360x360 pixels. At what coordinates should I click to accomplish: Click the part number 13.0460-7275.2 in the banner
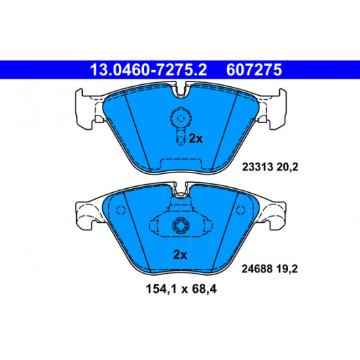coord(148,70)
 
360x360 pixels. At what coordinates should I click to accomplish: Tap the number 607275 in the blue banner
coord(254,70)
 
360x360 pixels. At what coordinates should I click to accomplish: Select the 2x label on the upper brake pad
coord(196,139)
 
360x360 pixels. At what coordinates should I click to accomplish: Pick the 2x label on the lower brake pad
coord(180,255)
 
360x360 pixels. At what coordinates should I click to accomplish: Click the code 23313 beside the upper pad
coord(257,167)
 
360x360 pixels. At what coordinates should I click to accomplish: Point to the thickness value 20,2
coord(287,167)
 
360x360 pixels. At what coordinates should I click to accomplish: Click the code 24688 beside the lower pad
coord(257,269)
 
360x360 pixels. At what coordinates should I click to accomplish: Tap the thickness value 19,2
coord(287,269)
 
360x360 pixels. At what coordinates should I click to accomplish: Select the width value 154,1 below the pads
coord(161,289)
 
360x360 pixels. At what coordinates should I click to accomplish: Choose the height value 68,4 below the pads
coord(204,289)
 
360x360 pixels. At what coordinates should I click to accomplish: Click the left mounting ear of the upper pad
coord(84,109)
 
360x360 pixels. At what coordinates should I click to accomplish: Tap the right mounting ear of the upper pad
coord(278,109)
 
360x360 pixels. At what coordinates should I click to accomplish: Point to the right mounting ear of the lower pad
coord(276,215)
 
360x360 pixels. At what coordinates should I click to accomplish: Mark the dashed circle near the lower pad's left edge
coord(121,210)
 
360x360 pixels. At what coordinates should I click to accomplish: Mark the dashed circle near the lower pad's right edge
coord(240,210)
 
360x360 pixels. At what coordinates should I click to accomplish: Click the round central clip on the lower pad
coord(181,226)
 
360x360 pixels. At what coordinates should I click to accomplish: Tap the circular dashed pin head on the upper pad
coord(181,118)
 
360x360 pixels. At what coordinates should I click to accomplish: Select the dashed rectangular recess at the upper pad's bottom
coord(181,164)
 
